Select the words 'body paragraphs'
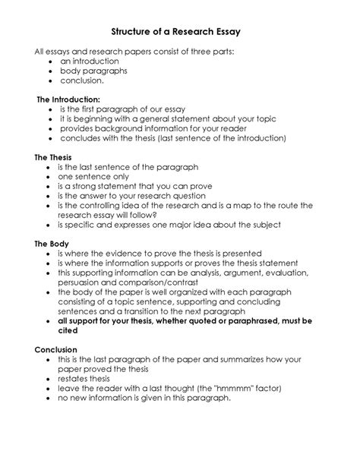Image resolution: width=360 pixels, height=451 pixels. click(94, 71)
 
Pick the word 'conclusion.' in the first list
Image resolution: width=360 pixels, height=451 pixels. click(83, 80)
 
